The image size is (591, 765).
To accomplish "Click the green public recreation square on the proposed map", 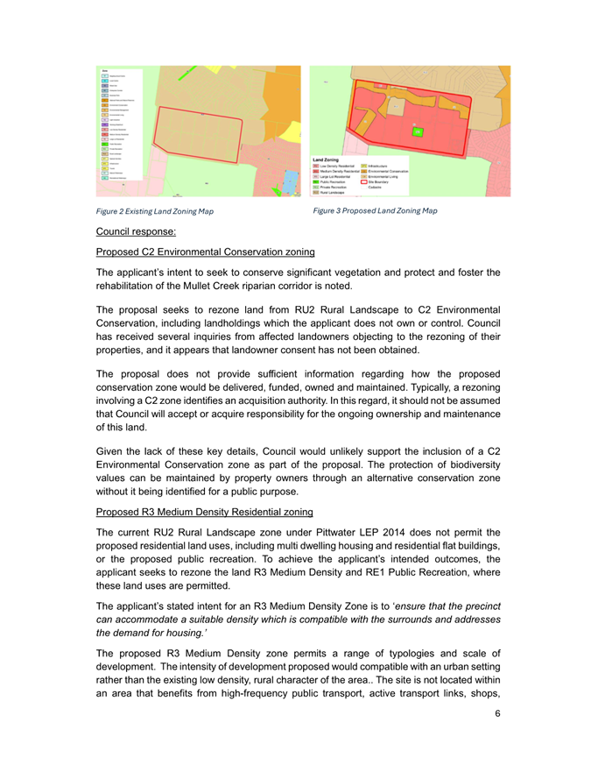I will [418, 131].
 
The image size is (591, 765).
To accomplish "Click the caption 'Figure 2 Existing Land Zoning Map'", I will [157, 210].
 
